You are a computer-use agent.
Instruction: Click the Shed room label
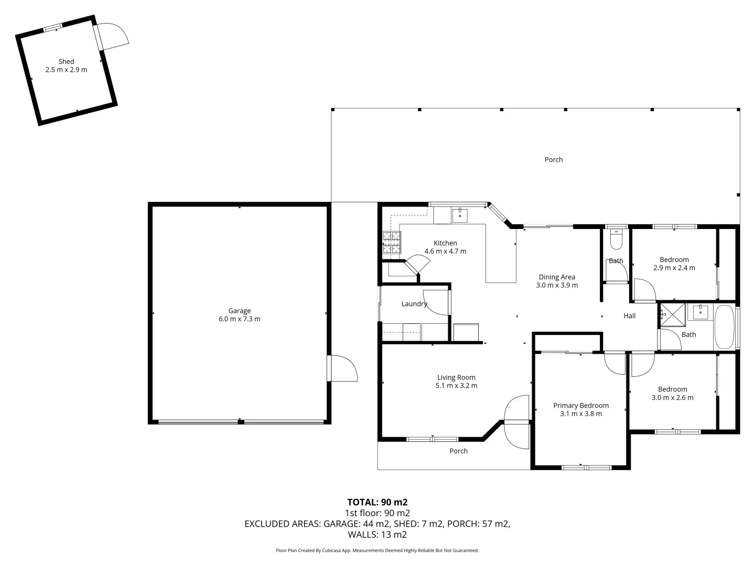pos(66,61)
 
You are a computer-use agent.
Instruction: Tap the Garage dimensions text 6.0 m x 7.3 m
pos(239,319)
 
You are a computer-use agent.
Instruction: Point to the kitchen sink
pos(460,215)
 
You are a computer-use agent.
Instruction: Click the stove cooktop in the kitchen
pos(392,242)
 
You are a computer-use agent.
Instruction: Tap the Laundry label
pos(414,303)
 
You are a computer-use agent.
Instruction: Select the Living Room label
pos(456,377)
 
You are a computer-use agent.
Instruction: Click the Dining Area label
pos(557,277)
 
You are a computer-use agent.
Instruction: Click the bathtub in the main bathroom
pos(724,326)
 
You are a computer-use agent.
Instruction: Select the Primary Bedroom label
pos(581,405)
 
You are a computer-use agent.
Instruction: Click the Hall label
pos(629,315)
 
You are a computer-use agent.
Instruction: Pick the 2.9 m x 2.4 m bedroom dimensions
pos(674,268)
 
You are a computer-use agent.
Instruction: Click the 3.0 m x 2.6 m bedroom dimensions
pos(672,397)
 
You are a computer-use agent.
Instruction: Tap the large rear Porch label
pos(554,160)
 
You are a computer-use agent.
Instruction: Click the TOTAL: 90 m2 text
pos(377,502)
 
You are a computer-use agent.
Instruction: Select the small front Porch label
pos(458,451)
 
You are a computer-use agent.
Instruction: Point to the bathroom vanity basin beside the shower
pos(700,312)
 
